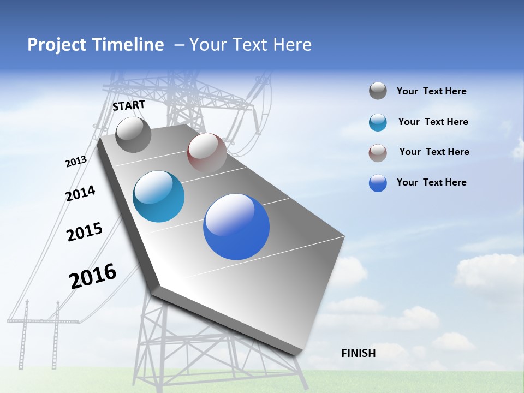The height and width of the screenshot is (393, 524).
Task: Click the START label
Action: coord(129,105)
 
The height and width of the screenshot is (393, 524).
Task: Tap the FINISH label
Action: coord(359,353)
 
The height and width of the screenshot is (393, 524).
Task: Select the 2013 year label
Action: coord(76,162)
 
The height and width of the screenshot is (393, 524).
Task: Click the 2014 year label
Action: coord(80,193)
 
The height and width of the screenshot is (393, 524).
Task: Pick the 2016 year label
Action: coord(93,276)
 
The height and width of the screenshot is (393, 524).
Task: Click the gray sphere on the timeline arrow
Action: coord(133,134)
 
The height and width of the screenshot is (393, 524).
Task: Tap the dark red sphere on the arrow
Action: coord(207,153)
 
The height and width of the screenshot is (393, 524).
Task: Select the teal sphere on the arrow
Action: coord(159,196)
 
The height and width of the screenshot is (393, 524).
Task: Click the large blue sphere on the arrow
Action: coord(236,227)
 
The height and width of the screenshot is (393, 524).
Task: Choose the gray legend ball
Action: coord(378,91)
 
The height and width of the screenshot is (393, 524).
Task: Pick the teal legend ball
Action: coord(378,122)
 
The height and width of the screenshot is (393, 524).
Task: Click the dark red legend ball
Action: coord(378,153)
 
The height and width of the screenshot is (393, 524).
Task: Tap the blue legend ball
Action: coord(378,183)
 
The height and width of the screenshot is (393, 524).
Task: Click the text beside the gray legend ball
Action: coord(431,91)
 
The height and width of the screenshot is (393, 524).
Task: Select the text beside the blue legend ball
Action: coord(431,182)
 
